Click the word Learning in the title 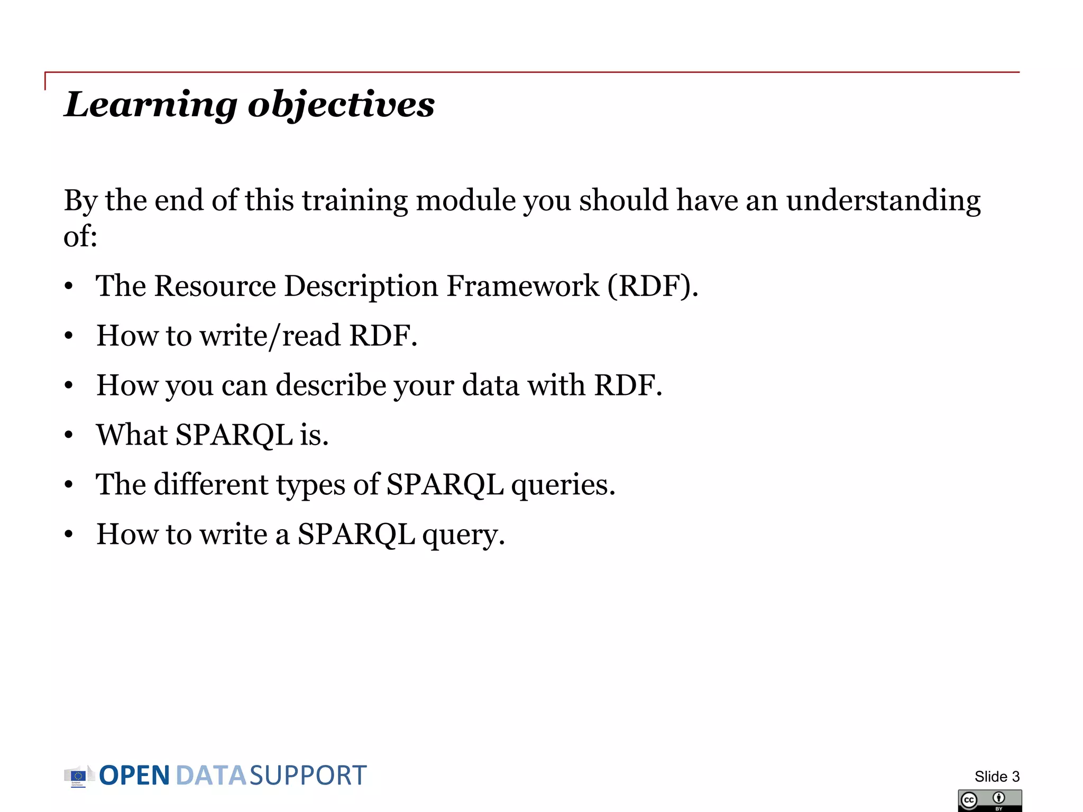coord(151,105)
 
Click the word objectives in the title coord(341,105)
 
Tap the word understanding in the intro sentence coord(883,201)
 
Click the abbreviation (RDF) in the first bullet coord(653,287)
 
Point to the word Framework coord(522,287)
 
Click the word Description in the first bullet coord(361,287)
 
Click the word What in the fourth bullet coord(132,435)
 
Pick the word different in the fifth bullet coord(211,485)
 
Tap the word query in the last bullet coord(463,534)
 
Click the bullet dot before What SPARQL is coord(69,436)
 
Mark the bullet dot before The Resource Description coord(69,287)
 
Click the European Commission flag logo coord(78,776)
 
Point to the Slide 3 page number coord(997,777)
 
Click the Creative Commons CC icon coord(969,800)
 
